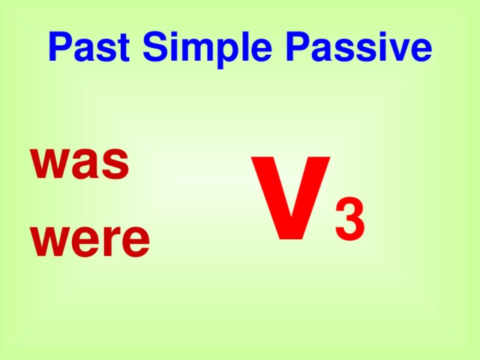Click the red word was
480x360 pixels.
(79, 163)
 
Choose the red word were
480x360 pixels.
(90, 239)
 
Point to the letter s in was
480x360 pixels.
(115, 164)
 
